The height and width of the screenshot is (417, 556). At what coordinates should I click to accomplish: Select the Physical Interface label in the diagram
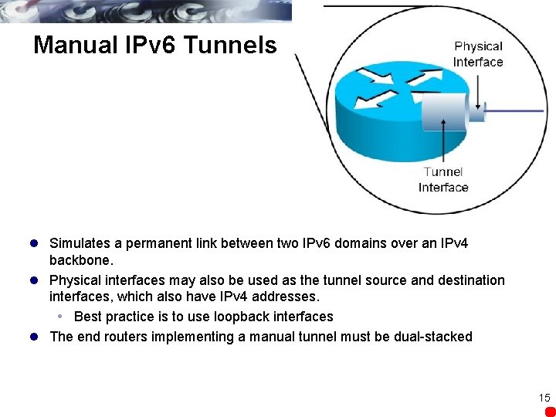click(478, 54)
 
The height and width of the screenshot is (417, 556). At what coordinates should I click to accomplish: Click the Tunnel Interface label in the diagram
click(443, 179)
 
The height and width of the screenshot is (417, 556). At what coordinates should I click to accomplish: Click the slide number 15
click(544, 398)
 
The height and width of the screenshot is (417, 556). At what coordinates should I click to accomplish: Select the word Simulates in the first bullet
click(78, 243)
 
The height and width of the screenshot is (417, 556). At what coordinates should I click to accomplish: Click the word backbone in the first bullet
click(80, 260)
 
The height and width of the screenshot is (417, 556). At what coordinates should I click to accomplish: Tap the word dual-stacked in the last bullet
click(432, 337)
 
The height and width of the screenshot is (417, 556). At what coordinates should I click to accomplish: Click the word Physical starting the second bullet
click(76, 280)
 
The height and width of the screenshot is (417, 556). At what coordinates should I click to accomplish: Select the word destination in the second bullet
click(469, 280)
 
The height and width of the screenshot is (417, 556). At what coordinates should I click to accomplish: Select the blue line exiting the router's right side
click(517, 111)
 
